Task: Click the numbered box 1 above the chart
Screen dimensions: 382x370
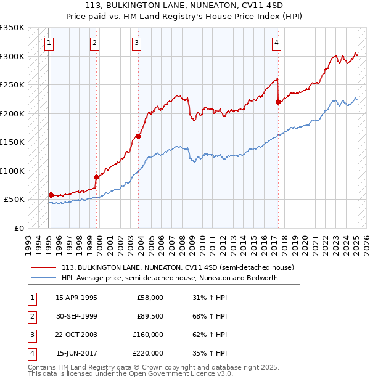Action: click(49, 43)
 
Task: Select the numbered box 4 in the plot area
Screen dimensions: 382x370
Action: click(277, 43)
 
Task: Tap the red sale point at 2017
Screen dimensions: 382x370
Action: click(278, 102)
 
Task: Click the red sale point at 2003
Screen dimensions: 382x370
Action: click(138, 137)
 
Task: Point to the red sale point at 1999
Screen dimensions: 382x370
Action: click(96, 177)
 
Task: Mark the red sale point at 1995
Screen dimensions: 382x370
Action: click(51, 195)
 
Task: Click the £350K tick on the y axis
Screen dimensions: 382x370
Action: click(12, 28)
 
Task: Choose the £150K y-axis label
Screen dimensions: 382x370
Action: click(12, 142)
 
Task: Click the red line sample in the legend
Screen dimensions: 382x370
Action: click(44, 268)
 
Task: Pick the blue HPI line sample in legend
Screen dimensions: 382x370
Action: click(44, 278)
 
